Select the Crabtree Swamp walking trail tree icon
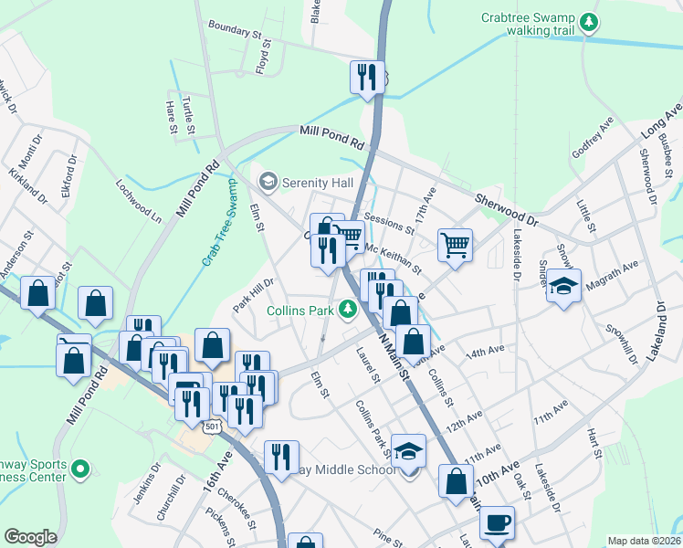(591, 21)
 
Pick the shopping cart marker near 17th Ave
(455, 245)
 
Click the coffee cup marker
(497, 522)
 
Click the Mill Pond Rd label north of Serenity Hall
(331, 139)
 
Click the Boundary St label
(240, 31)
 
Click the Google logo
(30, 538)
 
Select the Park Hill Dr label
(253, 294)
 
